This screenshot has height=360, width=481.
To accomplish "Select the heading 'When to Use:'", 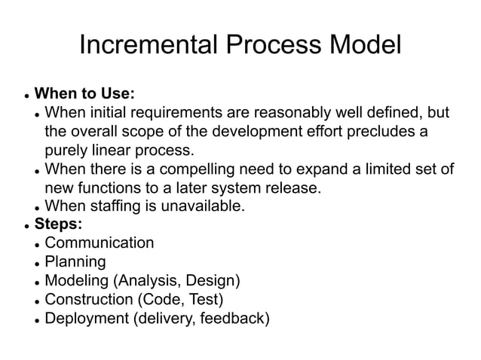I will click(x=85, y=94).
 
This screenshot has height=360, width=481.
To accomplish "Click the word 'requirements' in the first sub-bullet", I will click(x=176, y=113).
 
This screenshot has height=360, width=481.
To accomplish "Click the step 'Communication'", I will click(x=100, y=243).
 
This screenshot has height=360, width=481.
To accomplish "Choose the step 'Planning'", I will click(x=75, y=261).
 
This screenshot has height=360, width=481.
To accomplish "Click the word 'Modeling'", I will click(x=78, y=281).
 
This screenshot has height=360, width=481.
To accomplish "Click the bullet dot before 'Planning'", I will click(x=37, y=263).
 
